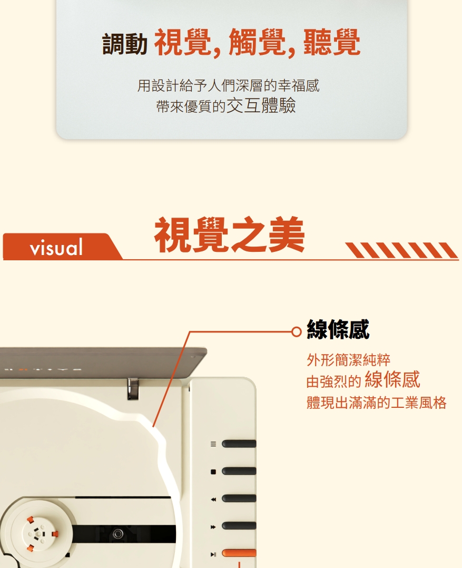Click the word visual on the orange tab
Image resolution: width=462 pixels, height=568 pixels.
[x=57, y=247]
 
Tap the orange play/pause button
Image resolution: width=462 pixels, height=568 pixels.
[x=240, y=553]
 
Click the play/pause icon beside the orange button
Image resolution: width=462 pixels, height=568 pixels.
[x=213, y=554]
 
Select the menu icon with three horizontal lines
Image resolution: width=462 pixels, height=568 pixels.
[x=213, y=444]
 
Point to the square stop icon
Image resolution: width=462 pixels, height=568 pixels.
[x=213, y=471]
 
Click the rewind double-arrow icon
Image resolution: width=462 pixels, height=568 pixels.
[x=213, y=498]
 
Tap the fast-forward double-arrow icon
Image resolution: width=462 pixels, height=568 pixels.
[x=213, y=526]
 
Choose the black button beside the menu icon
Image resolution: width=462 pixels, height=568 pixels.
[x=239, y=444]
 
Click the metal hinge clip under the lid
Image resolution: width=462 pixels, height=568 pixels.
[x=133, y=388]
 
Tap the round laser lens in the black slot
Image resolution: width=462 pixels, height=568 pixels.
[x=119, y=534]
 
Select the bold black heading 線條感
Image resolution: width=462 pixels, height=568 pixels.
[x=338, y=330]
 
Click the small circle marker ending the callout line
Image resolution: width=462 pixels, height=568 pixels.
[x=297, y=331]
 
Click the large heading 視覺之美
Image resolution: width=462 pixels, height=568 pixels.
[x=229, y=235]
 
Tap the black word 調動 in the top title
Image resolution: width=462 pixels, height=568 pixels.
[x=125, y=44]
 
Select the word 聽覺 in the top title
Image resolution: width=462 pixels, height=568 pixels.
[x=332, y=43]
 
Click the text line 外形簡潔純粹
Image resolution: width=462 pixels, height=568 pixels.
[x=348, y=360]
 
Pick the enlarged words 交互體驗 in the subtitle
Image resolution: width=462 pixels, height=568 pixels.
[x=261, y=105]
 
